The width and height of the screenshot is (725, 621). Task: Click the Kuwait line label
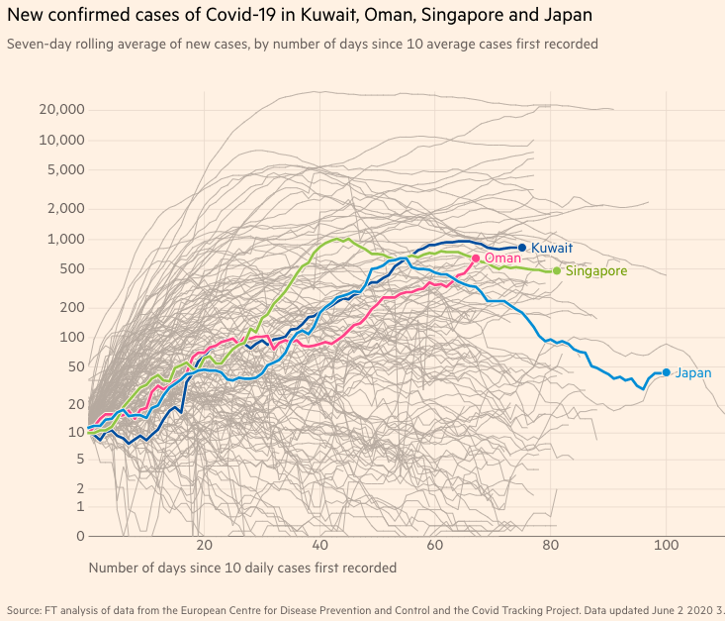pos(552,248)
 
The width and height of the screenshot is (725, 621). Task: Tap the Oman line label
pos(502,258)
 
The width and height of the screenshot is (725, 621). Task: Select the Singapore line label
pos(595,270)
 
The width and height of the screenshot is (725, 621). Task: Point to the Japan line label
pos(693,372)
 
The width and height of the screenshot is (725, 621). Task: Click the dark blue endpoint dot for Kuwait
pos(522,248)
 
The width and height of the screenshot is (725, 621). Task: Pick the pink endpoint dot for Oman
pos(476,259)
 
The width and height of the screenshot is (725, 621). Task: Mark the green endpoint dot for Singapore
pos(557,270)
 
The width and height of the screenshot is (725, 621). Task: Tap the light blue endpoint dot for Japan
pos(667,372)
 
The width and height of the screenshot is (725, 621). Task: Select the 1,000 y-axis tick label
pos(66,239)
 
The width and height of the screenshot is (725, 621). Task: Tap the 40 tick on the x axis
pos(319,547)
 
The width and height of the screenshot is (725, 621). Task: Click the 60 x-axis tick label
pos(435,547)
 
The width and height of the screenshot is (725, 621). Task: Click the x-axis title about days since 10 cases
pos(242,568)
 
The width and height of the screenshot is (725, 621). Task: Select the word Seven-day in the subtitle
pos(38,45)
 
